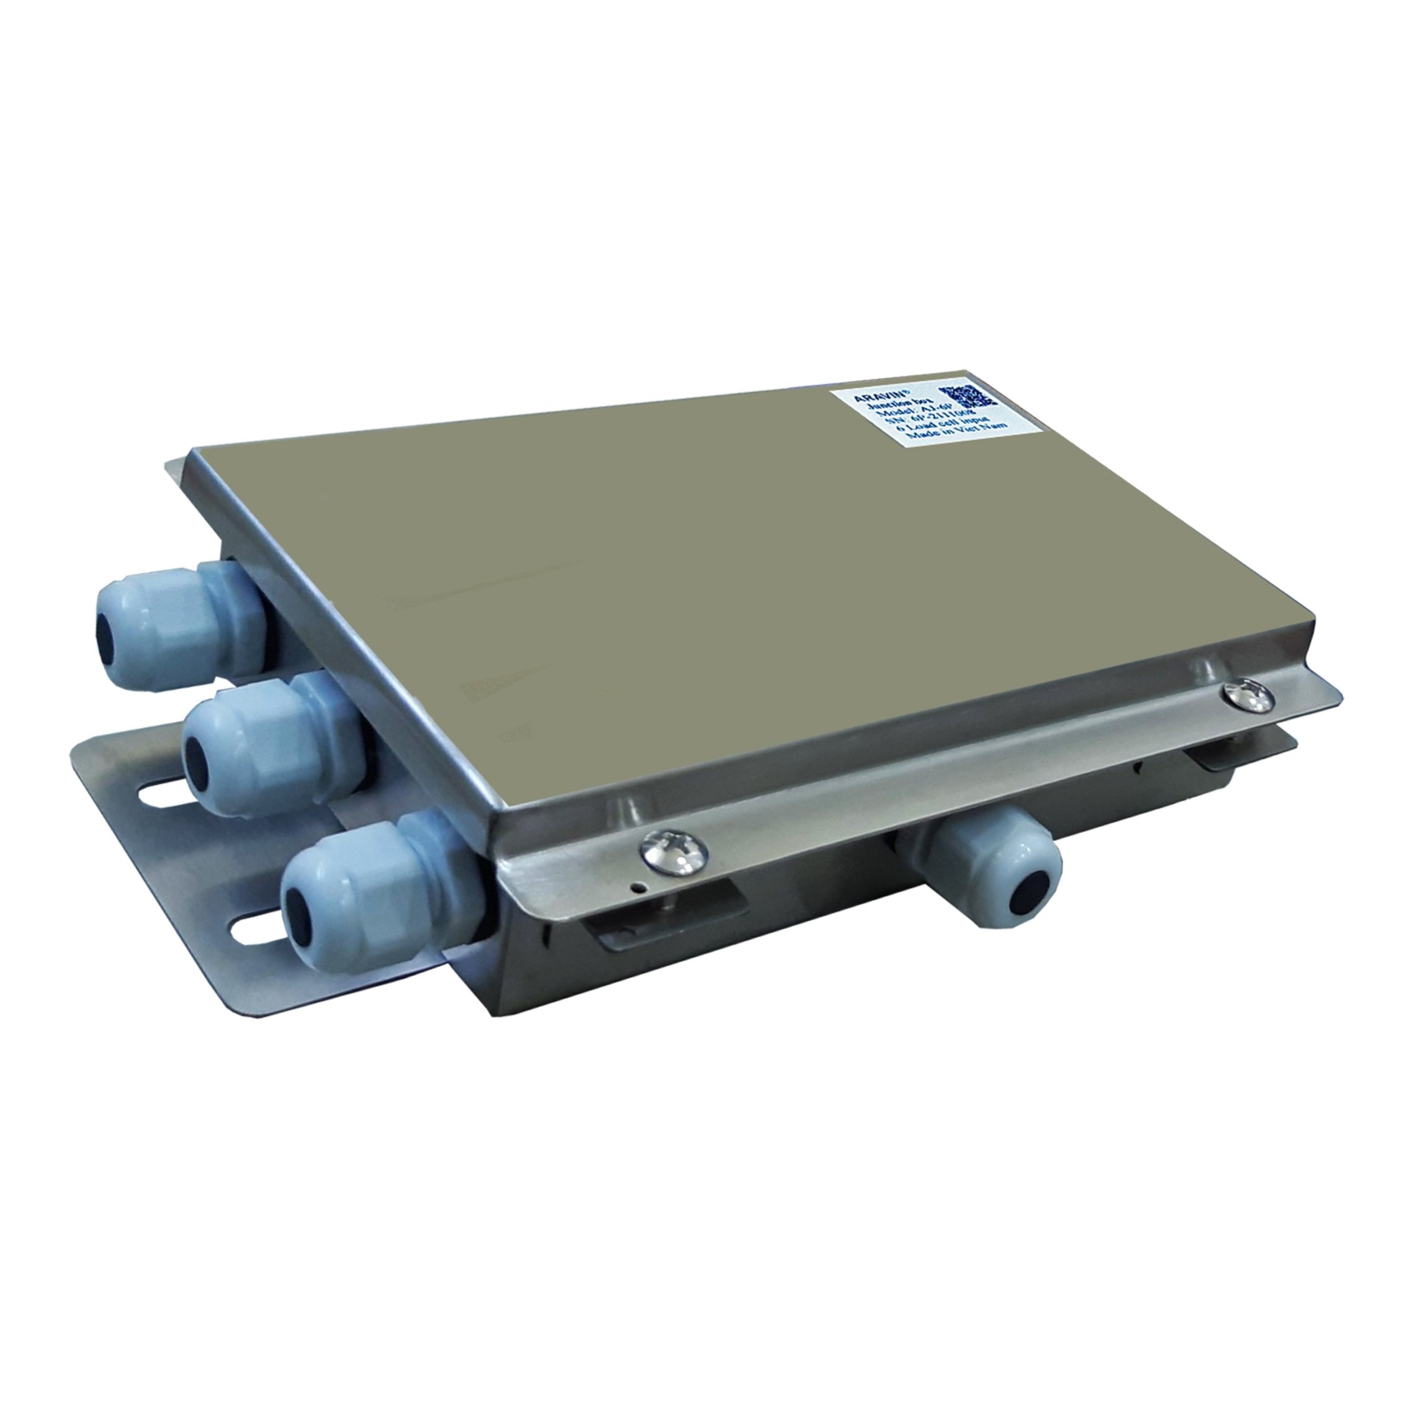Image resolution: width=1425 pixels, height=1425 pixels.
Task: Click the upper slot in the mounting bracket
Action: [x=159, y=794]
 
